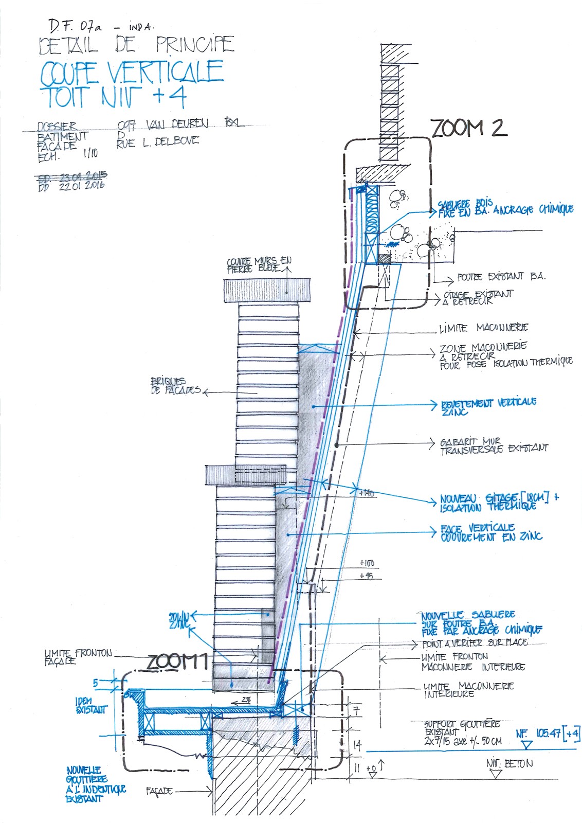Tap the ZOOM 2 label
tap(468, 128)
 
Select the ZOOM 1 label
tap(178, 662)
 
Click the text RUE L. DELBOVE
tap(157, 142)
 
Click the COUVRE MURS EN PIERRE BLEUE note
tap(259, 264)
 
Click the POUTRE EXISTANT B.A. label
tap(500, 277)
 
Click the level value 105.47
tap(548, 733)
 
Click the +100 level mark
tap(367, 563)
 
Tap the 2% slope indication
tap(246, 700)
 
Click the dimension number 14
tap(357, 744)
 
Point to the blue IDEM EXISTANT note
tap(91, 705)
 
